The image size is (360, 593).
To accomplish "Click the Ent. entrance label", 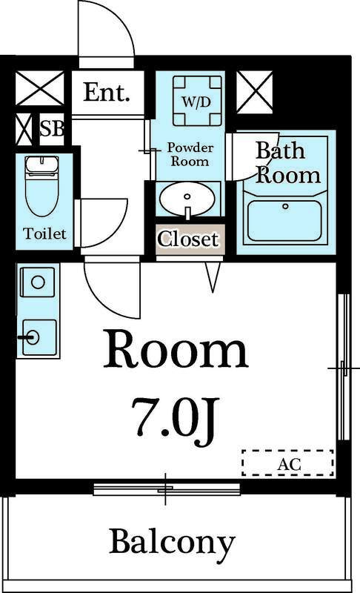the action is click(107, 92).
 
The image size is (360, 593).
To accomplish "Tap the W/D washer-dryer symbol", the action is click(197, 101).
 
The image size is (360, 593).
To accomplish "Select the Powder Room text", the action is click(190, 154).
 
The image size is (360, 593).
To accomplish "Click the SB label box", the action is click(52, 128).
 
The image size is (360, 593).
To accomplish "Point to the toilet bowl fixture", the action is click(42, 186).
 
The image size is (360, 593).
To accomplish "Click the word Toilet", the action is click(44, 233).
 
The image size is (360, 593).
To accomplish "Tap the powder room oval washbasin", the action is click(187, 199).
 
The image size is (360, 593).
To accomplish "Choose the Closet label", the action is click(187, 239).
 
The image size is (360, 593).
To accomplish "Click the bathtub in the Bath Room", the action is click(285, 221).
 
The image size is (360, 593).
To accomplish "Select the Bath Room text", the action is click(287, 163).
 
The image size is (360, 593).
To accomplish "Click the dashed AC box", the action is click(288, 463).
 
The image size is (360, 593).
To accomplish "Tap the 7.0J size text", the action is click(176, 420).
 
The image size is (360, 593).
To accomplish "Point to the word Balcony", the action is click(173, 542).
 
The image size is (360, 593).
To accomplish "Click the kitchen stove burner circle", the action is click(38, 282).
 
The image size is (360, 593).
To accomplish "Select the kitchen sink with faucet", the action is click(39, 338).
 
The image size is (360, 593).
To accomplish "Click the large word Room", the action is click(176, 349).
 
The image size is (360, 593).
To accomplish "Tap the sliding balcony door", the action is click(167, 489).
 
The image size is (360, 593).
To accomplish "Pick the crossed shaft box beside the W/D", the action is click(255, 92).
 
